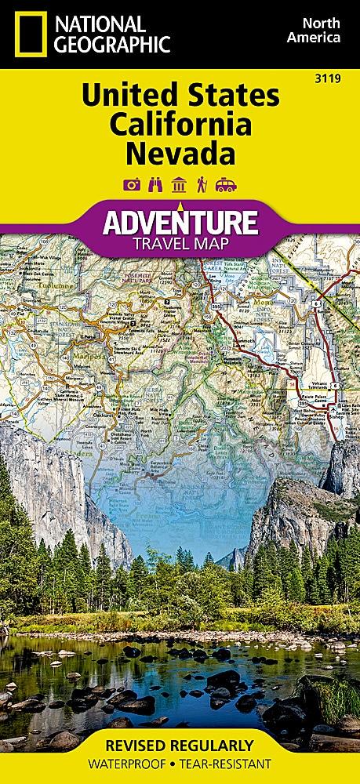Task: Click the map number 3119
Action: pos(340,78)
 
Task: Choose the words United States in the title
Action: pos(180,96)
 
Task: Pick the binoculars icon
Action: pos(155,185)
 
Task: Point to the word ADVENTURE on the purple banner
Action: pos(180,223)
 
